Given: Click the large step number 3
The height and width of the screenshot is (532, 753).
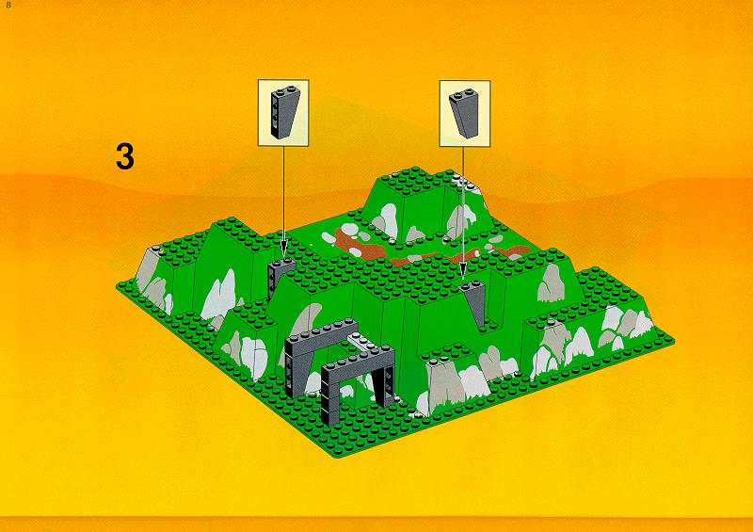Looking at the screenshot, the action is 125,155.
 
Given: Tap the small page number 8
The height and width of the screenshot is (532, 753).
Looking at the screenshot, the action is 8,6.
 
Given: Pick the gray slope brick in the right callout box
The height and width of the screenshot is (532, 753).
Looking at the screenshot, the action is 464,112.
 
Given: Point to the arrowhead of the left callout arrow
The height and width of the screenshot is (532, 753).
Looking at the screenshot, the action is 283,249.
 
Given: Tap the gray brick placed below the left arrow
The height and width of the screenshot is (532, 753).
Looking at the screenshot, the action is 280,275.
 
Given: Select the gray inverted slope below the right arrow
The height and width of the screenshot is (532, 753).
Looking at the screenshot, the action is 474,302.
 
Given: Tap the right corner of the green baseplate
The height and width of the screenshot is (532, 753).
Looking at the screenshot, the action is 671,340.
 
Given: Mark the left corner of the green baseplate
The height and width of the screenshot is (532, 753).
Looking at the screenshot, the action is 120,286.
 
